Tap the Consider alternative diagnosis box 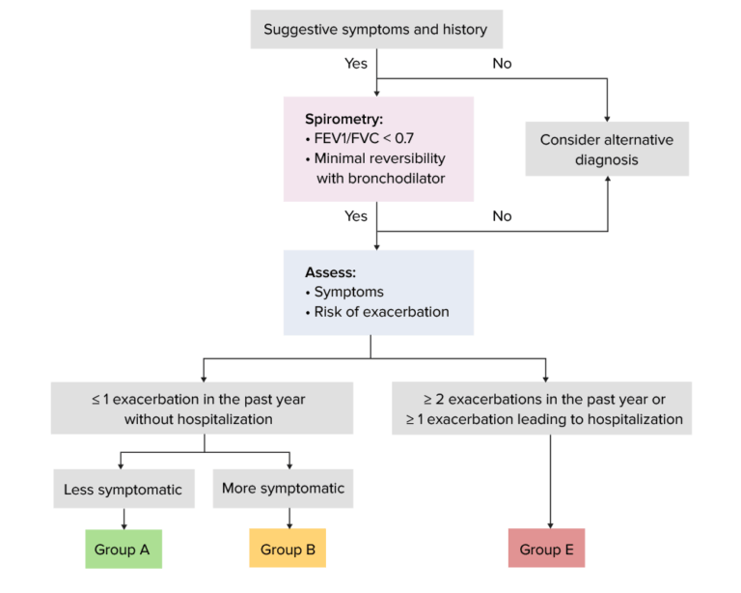coord(607,149)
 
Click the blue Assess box coord(377,293)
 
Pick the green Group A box coord(123,550)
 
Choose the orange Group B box coord(288,550)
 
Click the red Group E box coord(546,550)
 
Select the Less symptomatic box coord(123,490)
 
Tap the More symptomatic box coord(283,489)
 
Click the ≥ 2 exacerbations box coord(540,409)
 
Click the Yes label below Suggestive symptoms coord(355,64)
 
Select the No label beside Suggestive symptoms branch coord(502,64)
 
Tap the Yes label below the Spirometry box coord(355,216)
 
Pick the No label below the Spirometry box coord(502,216)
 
